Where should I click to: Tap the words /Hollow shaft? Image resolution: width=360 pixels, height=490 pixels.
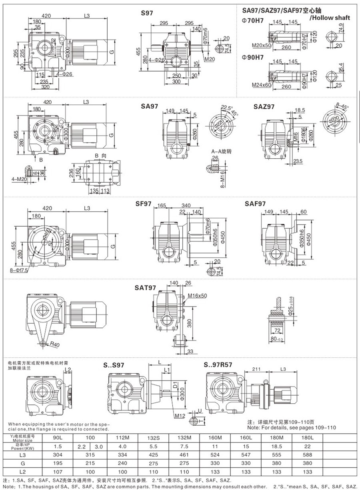330,17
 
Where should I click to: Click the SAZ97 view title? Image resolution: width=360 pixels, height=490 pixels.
264,107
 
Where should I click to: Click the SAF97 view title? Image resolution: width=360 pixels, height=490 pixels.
255,204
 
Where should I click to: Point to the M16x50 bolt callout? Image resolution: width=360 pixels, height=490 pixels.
197,296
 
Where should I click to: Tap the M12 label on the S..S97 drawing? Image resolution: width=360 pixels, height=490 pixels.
180,416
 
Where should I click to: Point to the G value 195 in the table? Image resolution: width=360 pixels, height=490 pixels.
59,463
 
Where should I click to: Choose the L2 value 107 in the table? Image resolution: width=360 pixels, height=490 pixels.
59,472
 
